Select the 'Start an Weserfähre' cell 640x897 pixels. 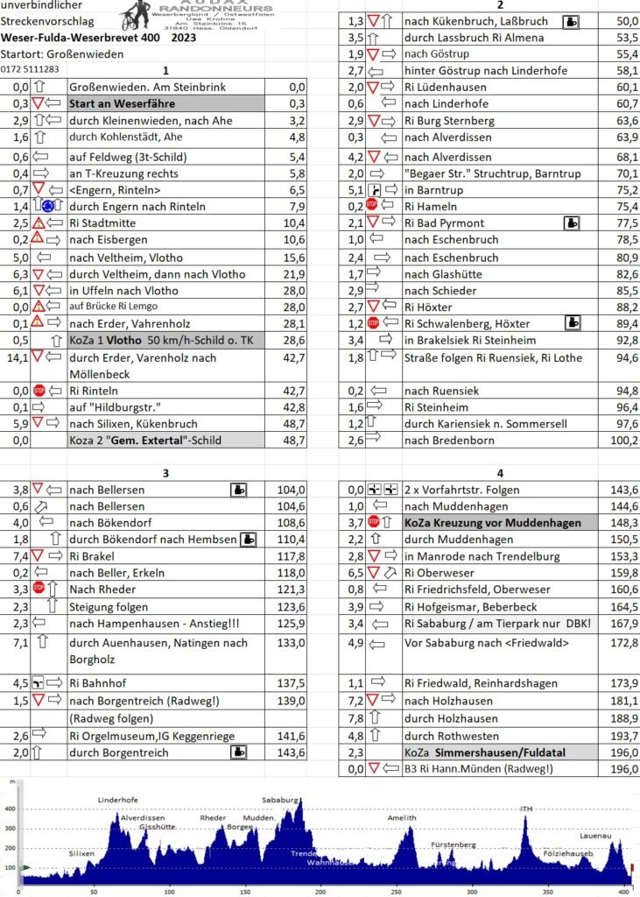tap(165, 103)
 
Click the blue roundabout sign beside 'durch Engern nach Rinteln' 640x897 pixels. tap(50, 207)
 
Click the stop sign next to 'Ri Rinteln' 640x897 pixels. tap(39, 391)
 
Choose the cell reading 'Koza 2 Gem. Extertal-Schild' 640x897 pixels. tap(165, 441)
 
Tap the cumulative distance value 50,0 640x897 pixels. tap(626, 21)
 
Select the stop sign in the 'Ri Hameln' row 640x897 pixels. tap(373, 207)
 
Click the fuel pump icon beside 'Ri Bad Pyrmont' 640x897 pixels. tap(573, 223)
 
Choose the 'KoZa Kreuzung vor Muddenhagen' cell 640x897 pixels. tap(492, 523)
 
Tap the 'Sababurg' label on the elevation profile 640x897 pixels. tap(279, 799)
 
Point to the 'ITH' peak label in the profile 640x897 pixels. tap(526, 809)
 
